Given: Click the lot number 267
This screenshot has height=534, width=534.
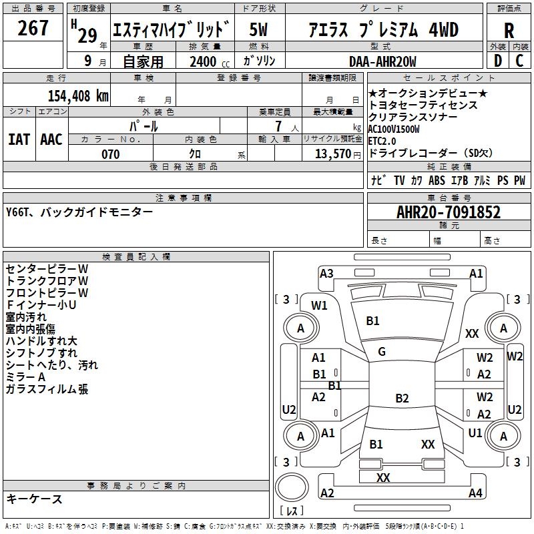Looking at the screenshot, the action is coord(33,29).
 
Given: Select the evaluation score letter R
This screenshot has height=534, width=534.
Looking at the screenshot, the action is coord(509,30).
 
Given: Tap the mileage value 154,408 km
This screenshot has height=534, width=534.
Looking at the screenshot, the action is coord(78,95).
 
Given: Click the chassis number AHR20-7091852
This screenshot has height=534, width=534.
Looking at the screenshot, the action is coord(449,212).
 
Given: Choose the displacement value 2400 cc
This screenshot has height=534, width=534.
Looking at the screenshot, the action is coord(205,62).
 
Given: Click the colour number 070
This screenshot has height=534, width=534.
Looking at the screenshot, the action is coord(110,154).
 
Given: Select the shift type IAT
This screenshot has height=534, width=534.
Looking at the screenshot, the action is coord(19,139).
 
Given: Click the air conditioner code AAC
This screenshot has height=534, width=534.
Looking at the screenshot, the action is coord(51,139).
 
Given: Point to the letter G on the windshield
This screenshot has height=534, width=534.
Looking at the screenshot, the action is coord(382,352).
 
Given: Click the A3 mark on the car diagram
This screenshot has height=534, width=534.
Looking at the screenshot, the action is coord(326,273).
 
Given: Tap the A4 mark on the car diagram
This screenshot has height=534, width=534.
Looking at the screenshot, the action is coord(475,493).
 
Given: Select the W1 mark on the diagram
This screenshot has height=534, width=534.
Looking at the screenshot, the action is coord(320,306).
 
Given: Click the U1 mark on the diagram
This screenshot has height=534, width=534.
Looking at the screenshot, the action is coord(475,433).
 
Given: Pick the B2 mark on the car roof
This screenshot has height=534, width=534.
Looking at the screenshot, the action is coord(402,398).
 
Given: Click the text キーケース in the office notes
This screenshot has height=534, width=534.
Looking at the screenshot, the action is coord(34,499).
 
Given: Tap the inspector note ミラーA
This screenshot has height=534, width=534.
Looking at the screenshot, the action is coord(26,377).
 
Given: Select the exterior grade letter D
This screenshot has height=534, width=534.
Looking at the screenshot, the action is coord(497,61).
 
